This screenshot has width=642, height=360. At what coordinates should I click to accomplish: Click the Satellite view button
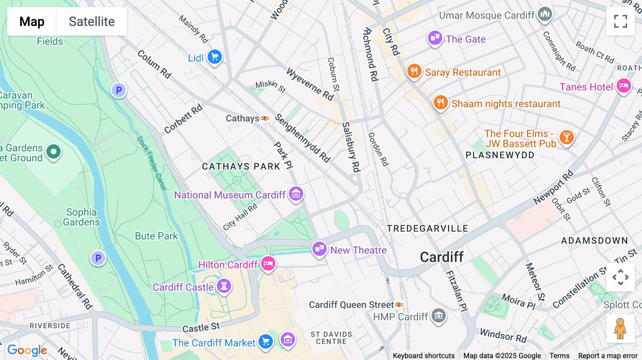click(92, 21)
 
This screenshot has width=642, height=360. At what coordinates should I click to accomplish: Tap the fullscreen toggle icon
click(620, 21)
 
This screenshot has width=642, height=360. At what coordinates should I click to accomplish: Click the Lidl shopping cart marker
click(215, 57)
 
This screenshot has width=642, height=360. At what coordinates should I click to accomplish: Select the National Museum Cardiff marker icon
click(296, 194)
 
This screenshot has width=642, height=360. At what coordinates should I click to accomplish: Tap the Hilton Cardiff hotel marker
click(268, 264)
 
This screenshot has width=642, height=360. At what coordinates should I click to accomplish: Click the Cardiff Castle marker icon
click(224, 286)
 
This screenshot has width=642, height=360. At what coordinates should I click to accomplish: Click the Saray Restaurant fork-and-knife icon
click(414, 71)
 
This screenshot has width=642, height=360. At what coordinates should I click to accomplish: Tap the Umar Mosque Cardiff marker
click(545, 14)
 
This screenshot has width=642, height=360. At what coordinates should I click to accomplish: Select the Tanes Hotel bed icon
click(623, 86)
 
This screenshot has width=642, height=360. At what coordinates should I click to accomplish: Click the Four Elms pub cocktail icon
click(566, 137)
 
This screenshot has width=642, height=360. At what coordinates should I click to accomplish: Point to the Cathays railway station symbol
click(264, 118)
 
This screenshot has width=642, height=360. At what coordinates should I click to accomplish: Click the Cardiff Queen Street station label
click(351, 305)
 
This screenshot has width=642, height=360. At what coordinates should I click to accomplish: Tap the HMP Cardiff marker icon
click(438, 315)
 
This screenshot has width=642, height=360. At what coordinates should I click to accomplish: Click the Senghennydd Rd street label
click(302, 138)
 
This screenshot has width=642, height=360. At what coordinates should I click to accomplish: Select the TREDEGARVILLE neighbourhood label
click(427, 228)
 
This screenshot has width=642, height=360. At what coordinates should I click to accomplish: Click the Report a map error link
click(607, 355)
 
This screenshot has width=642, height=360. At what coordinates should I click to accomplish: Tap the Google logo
click(27, 350)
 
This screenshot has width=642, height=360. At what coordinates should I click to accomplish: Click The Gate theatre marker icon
click(434, 38)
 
